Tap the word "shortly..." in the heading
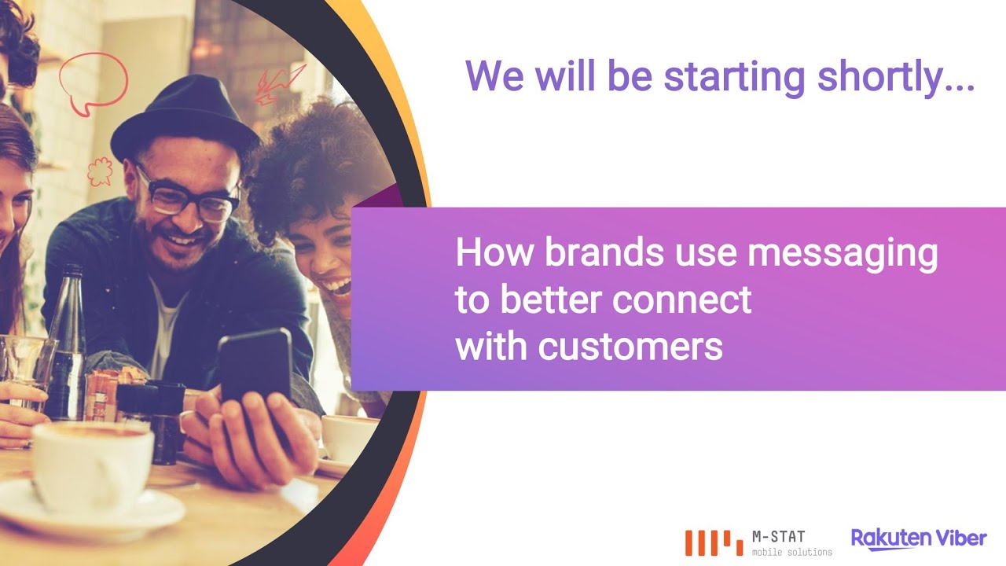click(x=896, y=77)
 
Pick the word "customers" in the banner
click(x=630, y=347)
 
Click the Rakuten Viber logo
click(x=919, y=538)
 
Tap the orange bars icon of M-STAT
click(x=713, y=542)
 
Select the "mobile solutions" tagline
click(x=791, y=553)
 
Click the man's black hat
click(x=184, y=118)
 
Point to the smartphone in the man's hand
click(x=254, y=369)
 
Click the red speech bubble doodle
click(x=93, y=81)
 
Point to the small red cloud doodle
click(x=99, y=171)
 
